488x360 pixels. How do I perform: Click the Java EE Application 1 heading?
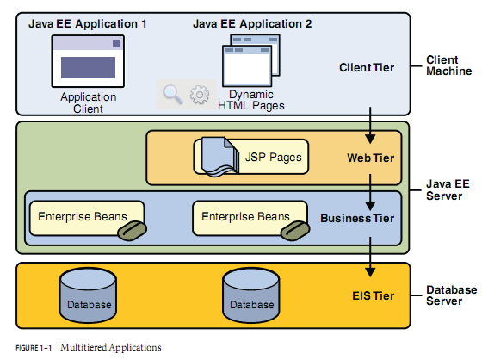(88, 23)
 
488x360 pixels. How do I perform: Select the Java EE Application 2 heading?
(252, 23)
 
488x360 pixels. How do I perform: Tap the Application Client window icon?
(88, 61)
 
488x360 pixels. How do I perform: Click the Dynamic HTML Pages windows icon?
(250, 60)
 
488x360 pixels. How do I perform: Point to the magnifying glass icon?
(172, 94)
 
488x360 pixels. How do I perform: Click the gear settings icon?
(200, 95)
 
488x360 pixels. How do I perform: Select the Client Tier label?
(367, 67)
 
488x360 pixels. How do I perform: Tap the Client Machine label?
(448, 65)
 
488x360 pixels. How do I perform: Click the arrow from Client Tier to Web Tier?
(370, 125)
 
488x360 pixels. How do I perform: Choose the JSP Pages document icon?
(220, 157)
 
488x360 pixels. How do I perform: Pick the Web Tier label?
(371, 158)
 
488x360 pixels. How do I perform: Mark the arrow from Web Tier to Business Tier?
(370, 192)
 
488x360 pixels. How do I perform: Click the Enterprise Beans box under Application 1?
(87, 218)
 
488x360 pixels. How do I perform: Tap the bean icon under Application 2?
(294, 231)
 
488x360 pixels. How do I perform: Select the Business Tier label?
(357, 218)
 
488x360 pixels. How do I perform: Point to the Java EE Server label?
(448, 189)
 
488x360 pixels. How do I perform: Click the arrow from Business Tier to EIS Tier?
(370, 257)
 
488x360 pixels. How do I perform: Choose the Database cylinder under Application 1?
(88, 295)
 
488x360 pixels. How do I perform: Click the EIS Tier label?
(374, 295)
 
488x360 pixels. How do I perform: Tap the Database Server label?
(451, 295)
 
